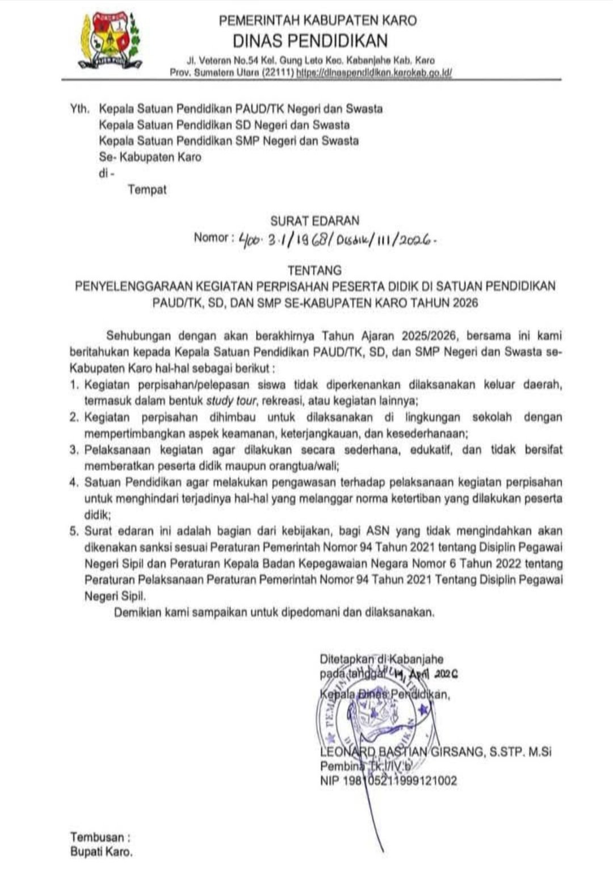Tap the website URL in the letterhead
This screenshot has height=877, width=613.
coord(375,73)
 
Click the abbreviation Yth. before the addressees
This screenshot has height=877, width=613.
coord(79,108)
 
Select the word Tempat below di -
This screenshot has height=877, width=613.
coord(147,190)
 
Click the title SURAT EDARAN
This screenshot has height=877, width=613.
coord(314,220)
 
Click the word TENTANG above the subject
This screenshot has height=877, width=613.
coord(314,270)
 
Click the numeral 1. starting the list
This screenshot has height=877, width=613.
coord(74,385)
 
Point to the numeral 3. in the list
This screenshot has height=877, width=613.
coord(74,450)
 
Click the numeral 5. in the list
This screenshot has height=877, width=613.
coord(74,532)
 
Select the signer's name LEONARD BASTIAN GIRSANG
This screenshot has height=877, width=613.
coord(402,752)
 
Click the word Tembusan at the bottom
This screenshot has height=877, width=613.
coord(97,837)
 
